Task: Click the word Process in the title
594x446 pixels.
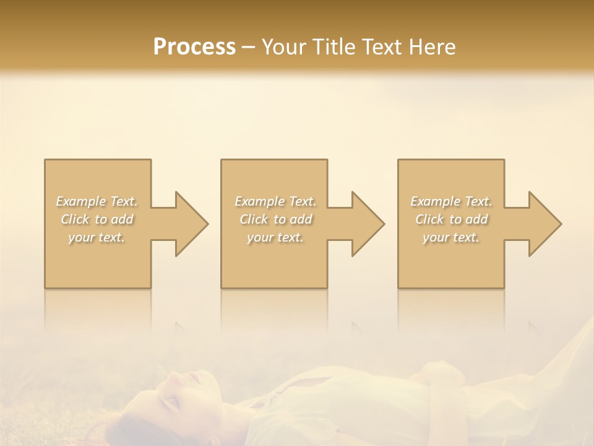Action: [194, 47]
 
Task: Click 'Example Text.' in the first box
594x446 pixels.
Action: [97, 201]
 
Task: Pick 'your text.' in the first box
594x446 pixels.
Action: [97, 237]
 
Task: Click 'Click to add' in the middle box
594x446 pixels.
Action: [275, 219]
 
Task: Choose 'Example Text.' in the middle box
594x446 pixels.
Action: [275, 201]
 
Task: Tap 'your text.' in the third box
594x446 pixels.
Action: [451, 237]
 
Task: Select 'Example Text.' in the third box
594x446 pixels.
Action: [451, 201]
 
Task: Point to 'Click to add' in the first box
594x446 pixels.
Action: [97, 219]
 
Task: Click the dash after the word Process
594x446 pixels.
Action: [249, 48]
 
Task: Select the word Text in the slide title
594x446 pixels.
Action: [379, 47]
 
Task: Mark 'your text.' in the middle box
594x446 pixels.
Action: [275, 237]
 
